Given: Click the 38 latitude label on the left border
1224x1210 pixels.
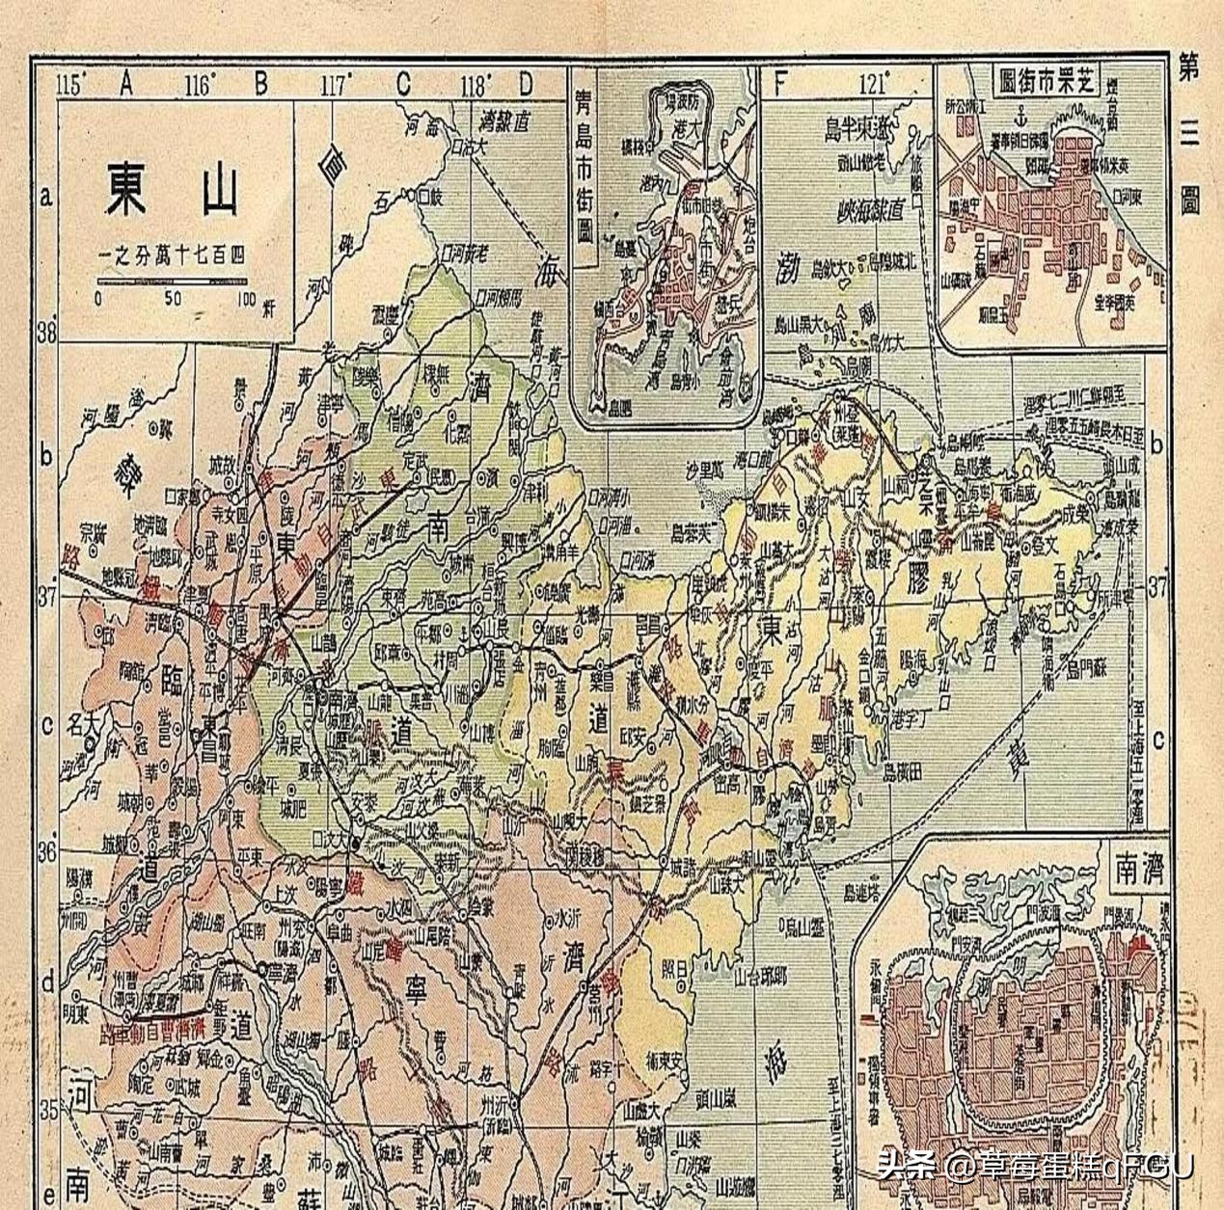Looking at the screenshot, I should pyautogui.click(x=44, y=333).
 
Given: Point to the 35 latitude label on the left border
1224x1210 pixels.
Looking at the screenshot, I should pyautogui.click(x=44, y=1109).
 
